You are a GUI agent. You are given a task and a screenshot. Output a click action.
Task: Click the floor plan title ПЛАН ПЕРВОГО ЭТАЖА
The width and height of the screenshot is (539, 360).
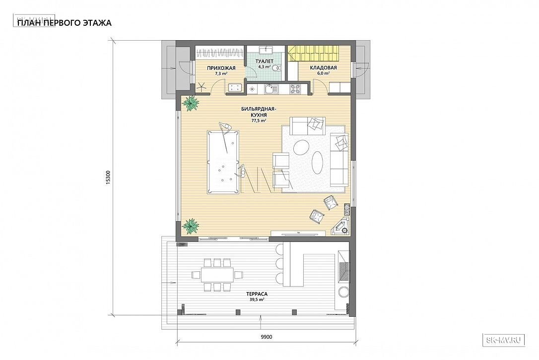(x=65, y=23)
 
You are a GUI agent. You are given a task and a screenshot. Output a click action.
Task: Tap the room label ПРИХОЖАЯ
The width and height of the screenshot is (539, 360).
(x=221, y=68)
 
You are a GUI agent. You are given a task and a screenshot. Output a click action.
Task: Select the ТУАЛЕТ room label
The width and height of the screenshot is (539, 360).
(x=265, y=61)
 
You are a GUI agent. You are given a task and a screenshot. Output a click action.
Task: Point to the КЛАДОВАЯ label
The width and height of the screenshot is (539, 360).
(x=323, y=67)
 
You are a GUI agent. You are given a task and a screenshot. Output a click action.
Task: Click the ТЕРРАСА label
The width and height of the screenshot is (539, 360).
(x=257, y=294)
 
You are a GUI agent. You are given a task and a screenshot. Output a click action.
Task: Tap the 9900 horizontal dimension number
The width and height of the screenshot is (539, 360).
(x=267, y=337)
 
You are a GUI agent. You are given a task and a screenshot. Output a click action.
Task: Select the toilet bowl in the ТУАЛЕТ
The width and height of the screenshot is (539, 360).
(x=275, y=68)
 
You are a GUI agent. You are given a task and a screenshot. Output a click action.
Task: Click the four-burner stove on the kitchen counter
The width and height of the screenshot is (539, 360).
(x=295, y=89)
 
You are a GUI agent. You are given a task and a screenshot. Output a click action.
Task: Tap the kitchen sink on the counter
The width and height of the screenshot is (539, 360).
(x=271, y=89)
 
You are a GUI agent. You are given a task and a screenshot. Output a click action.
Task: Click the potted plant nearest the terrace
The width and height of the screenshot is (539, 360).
(x=190, y=226)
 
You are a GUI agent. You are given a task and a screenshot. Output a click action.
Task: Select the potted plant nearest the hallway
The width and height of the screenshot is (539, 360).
(x=190, y=103)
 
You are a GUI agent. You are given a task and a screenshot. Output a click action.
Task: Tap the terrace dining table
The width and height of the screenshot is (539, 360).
(x=217, y=275)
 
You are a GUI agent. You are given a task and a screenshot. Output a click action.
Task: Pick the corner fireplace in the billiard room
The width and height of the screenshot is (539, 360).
(x=340, y=225)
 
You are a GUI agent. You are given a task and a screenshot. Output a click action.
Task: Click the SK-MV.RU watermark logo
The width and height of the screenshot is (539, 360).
(x=504, y=340)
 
